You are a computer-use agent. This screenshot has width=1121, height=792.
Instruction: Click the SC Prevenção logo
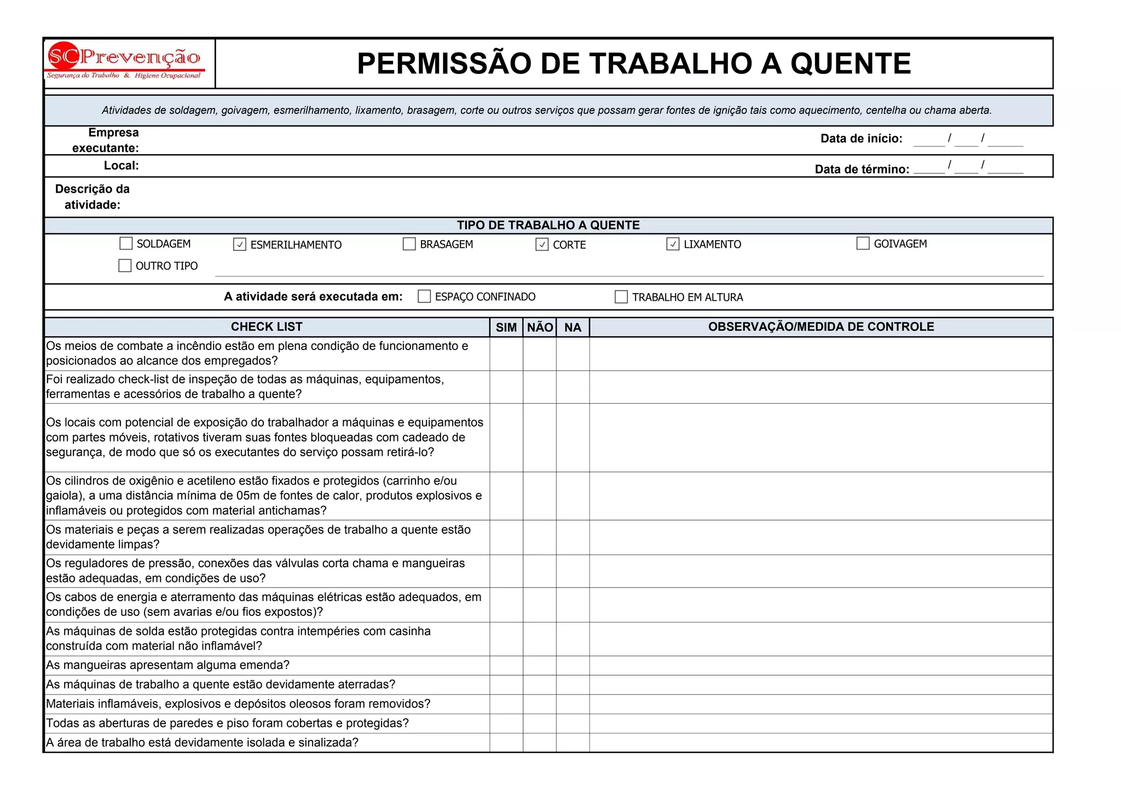125,61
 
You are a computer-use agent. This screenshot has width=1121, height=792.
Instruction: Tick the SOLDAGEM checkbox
126,243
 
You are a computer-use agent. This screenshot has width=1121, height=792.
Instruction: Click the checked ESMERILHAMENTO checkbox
240,244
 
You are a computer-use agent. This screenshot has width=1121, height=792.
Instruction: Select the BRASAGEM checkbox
409,244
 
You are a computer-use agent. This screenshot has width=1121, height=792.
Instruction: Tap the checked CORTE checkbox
542,244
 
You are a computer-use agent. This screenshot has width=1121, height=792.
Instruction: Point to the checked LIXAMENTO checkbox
673,244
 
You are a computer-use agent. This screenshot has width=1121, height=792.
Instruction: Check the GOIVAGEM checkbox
863,243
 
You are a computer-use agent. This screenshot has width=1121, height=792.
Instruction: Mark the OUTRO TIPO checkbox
125,266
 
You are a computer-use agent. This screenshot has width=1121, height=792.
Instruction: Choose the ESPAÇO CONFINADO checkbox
424,296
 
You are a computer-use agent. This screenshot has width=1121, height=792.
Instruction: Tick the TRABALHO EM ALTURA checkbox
621,297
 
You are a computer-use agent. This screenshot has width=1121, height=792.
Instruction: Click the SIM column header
506,327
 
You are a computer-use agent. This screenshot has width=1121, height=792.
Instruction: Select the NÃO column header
540,327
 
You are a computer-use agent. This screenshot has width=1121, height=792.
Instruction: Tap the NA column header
573,327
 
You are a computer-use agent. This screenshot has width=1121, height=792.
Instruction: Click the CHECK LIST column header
267,327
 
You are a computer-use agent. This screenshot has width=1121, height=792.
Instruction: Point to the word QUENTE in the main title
851,63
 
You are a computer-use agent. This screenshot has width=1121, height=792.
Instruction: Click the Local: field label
122,166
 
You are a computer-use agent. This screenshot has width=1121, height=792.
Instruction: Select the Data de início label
861,139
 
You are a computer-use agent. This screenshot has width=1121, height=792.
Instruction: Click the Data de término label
862,170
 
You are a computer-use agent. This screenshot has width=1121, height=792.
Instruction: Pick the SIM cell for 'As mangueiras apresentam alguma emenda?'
506,666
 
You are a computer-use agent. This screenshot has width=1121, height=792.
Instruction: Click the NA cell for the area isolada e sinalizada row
573,743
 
